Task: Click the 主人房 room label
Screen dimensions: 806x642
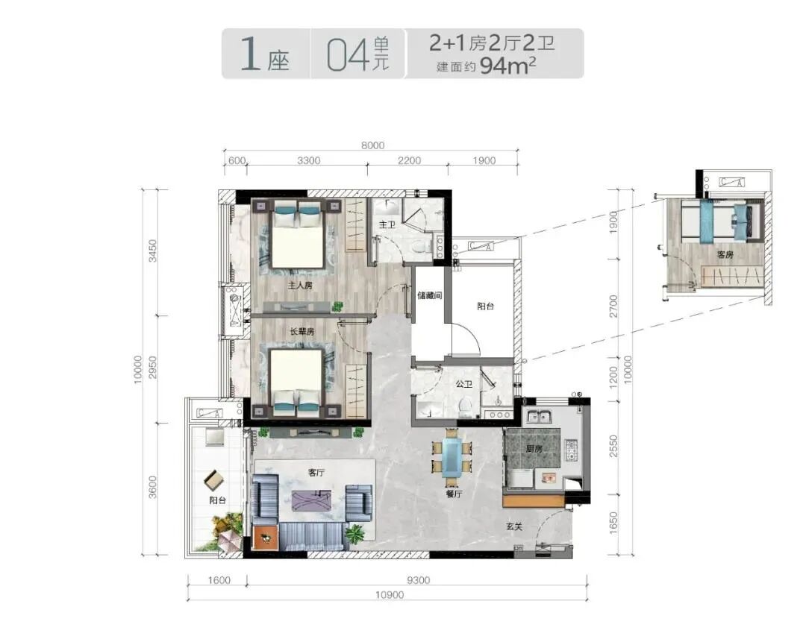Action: pyautogui.click(x=300, y=285)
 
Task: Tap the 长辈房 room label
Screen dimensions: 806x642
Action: pyautogui.click(x=302, y=332)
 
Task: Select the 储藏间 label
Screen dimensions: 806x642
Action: pyautogui.click(x=430, y=296)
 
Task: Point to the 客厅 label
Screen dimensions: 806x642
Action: pyautogui.click(x=316, y=473)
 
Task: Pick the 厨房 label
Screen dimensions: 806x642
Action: pyautogui.click(x=534, y=449)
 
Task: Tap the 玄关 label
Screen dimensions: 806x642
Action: pyautogui.click(x=514, y=527)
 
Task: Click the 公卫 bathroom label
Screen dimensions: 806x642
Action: pyautogui.click(x=463, y=384)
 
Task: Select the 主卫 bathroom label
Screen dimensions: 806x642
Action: pyautogui.click(x=387, y=224)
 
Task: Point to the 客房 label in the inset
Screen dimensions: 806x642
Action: pyautogui.click(x=725, y=255)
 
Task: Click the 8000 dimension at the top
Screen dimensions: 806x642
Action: pyautogui.click(x=372, y=145)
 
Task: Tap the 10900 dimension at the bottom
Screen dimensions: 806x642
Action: pyautogui.click(x=390, y=595)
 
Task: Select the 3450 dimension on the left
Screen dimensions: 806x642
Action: pyautogui.click(x=153, y=251)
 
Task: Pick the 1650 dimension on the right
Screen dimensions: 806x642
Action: pyautogui.click(x=613, y=523)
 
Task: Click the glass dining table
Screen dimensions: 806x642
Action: pyautogui.click(x=452, y=457)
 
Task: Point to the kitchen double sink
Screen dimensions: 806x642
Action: pyautogui.click(x=538, y=417)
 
